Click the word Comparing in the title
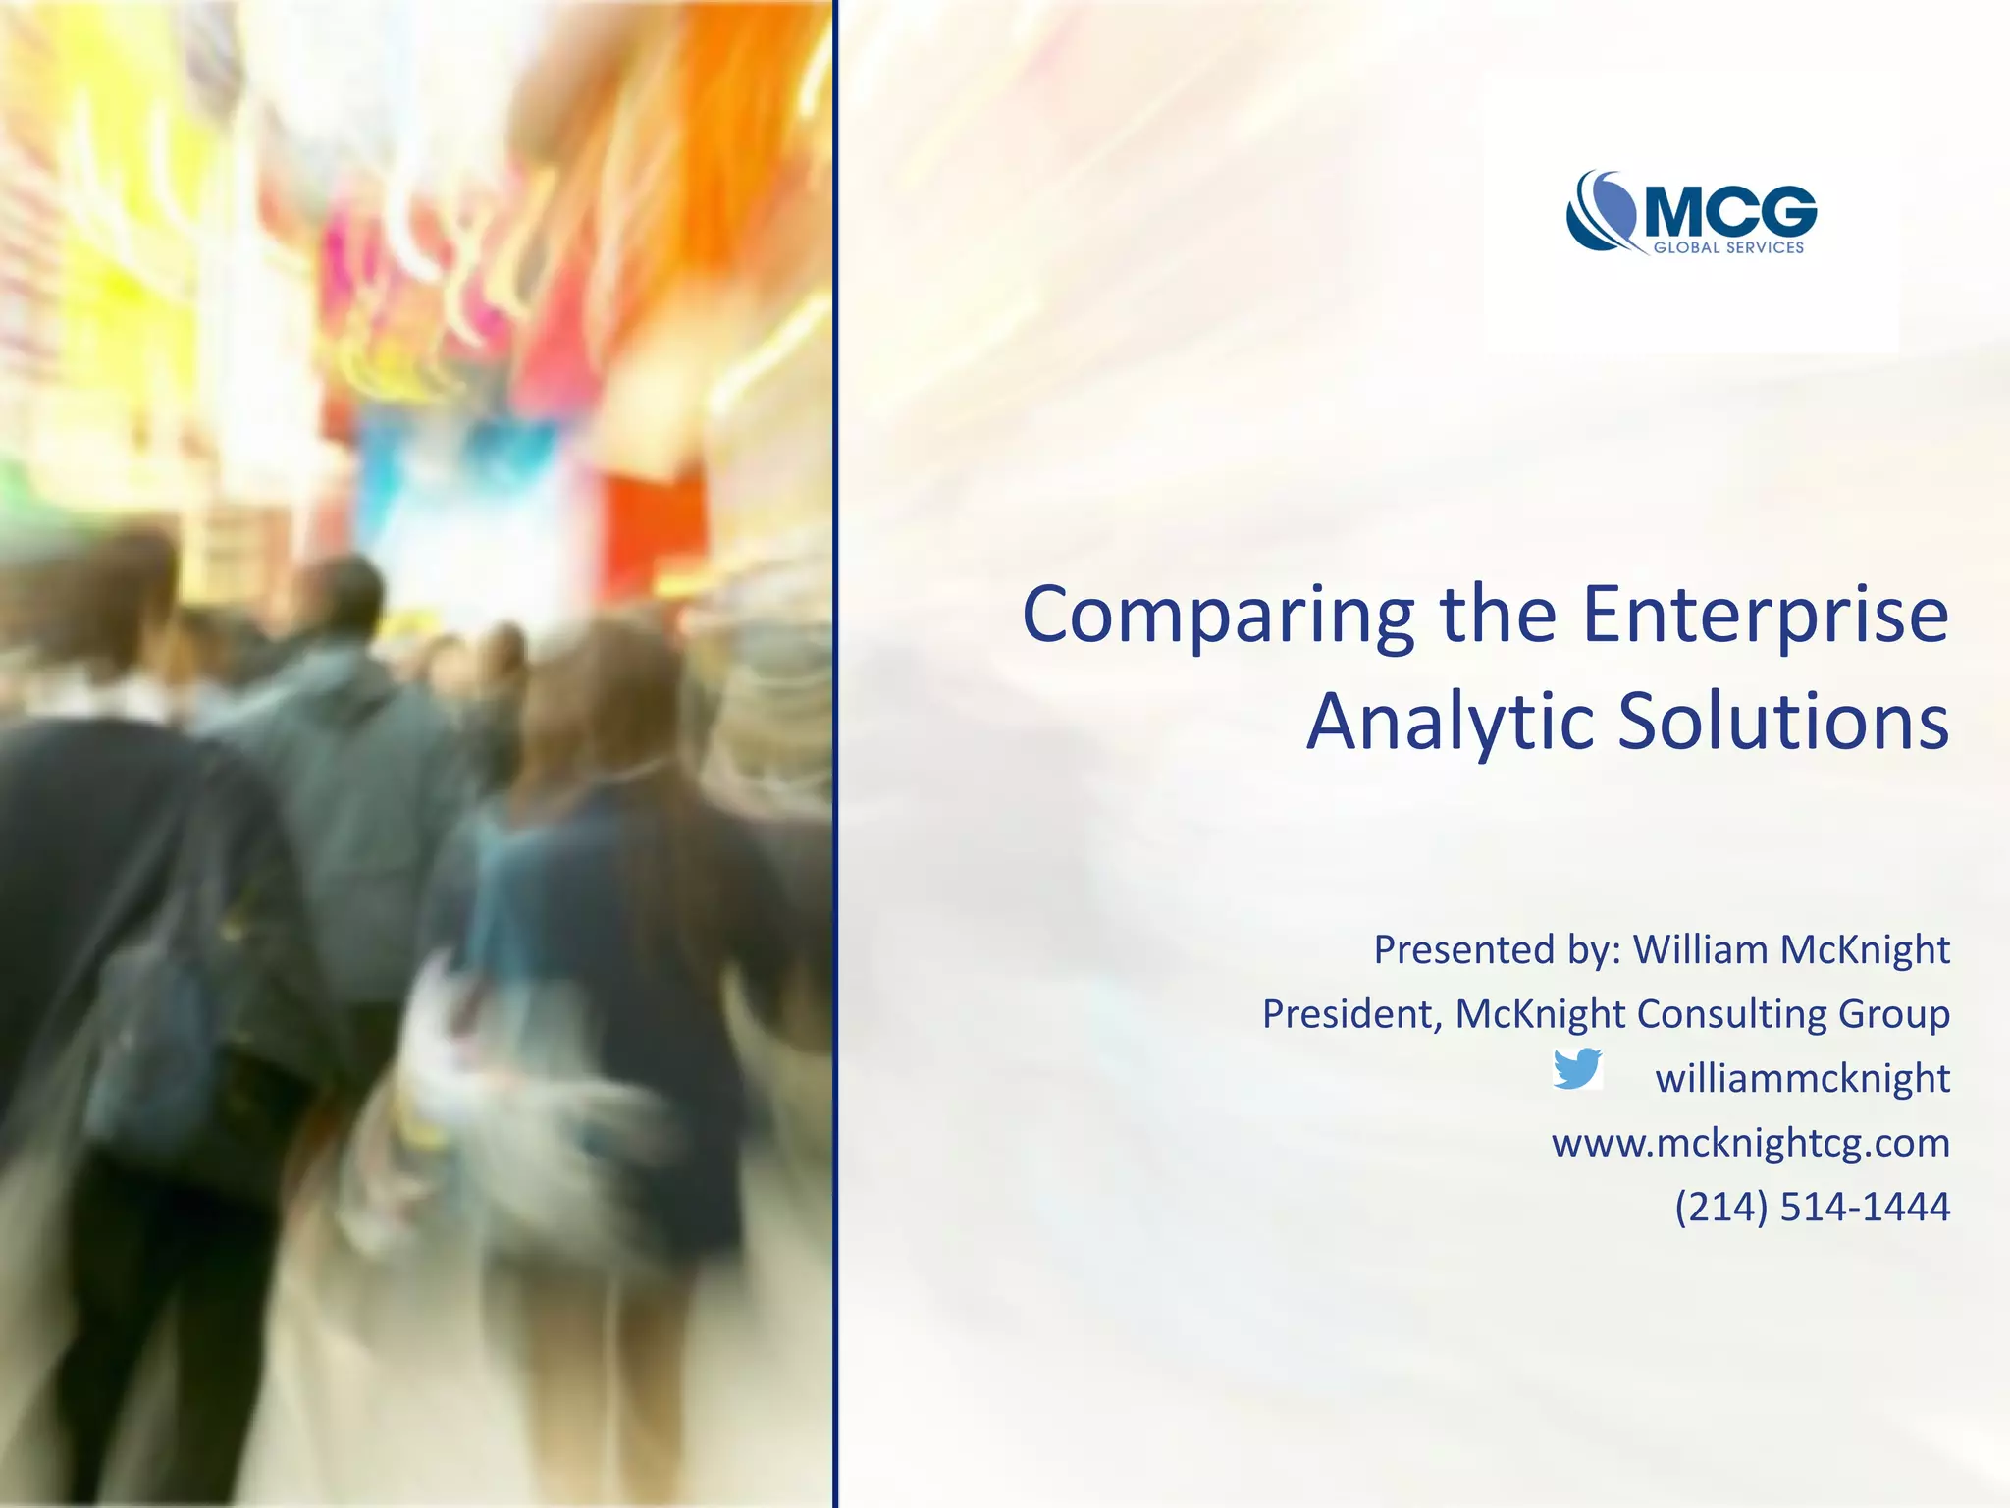pos(1217,617)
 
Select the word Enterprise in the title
pos(1766,617)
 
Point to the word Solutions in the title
pos(1782,723)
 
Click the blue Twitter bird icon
pos(1577,1069)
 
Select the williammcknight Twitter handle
pos(1802,1078)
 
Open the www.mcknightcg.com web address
pos(1750,1143)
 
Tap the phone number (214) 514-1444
pos(1812,1207)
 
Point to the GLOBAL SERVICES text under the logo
pos(1728,248)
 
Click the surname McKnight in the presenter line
pos(1865,949)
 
